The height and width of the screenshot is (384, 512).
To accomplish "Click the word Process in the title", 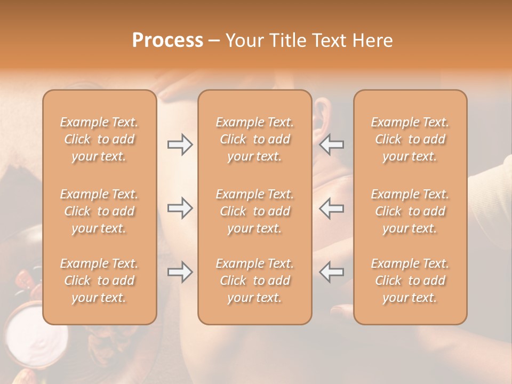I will click(167, 41).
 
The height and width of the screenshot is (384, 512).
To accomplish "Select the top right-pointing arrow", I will click(180, 145).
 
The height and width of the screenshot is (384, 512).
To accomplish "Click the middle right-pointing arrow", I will click(180, 208).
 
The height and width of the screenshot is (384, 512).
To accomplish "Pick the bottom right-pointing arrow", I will click(180, 272).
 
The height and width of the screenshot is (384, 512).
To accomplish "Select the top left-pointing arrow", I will click(332, 145).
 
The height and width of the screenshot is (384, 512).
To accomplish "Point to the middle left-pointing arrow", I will click(332, 208).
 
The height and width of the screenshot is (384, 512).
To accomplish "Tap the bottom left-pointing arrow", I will click(332, 272).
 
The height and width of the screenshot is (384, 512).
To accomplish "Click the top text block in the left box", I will click(99, 139).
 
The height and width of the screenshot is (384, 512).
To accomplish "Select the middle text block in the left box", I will click(99, 211).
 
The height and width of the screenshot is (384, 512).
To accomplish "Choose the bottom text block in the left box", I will click(99, 281).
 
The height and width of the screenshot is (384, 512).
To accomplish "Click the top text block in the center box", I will click(254, 139).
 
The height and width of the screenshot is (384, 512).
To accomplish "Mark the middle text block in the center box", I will click(254, 211).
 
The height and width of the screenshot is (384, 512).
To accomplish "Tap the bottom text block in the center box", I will click(254, 281).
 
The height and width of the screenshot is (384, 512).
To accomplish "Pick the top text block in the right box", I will click(410, 139).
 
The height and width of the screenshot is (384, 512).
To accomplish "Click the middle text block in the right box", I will click(410, 211).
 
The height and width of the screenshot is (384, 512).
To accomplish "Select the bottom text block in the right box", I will click(410, 281).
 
